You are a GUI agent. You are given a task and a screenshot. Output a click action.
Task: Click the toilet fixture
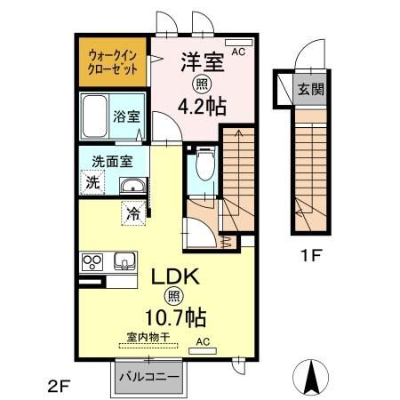coord(205,164)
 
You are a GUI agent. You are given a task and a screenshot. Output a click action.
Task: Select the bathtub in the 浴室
coord(94,116)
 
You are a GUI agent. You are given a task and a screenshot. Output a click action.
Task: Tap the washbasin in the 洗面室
coord(133,186)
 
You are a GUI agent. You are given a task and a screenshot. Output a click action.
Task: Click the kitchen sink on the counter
coord(124,261)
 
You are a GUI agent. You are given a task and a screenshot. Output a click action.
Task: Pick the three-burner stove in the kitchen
coord(92,262)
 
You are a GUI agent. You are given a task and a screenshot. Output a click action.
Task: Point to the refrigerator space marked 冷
coord(133,213)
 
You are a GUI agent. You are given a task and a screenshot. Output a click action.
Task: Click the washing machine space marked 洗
coord(92,182)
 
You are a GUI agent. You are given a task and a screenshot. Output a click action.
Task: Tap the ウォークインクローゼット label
coord(113,62)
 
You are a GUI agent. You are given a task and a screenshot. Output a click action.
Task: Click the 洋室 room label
coord(203,61)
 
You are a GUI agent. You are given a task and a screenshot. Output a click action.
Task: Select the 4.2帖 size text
coord(202,106)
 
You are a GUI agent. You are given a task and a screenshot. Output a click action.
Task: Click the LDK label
coord(175,276)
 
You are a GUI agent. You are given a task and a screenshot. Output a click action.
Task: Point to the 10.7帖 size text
coord(175,317)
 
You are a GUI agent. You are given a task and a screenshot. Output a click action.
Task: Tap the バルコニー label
coord(149,377)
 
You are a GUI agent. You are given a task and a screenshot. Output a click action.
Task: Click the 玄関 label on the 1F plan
coord(311,89)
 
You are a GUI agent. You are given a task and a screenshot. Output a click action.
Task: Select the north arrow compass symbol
coord(311,377)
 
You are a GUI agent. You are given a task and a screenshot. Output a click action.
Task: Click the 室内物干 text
coord(148,337)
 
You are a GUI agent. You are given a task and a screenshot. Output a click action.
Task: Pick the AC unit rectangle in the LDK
coord(203,351)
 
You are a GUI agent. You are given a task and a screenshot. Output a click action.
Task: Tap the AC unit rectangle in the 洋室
coord(238,43)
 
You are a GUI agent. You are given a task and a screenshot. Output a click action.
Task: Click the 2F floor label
coord(59,387)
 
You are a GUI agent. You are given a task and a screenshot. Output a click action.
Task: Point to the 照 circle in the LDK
coord(174,296)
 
